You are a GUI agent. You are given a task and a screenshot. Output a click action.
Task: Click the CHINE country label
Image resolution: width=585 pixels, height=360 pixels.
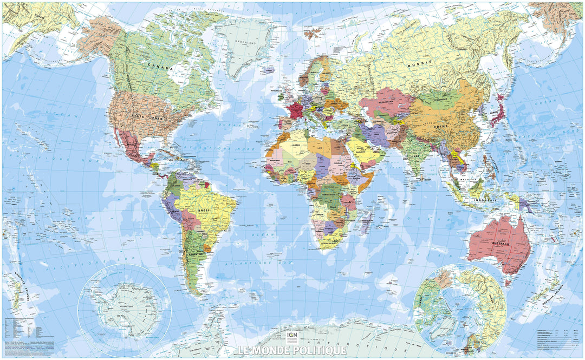440,126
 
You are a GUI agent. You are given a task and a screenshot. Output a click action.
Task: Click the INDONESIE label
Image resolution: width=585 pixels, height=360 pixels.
486,200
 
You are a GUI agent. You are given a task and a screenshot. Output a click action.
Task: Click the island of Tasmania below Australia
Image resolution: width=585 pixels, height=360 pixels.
508,282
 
